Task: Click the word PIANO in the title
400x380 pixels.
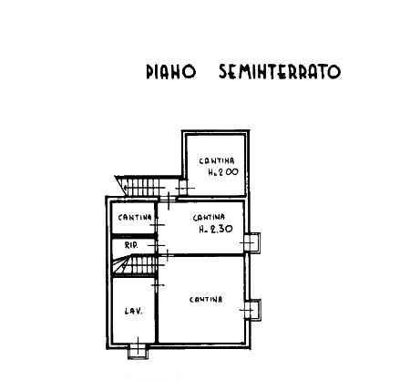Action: [x=171, y=72]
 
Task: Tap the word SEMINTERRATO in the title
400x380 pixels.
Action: [x=280, y=72]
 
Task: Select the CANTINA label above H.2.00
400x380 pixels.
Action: [x=217, y=161]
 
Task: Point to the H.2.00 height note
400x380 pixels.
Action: [x=223, y=172]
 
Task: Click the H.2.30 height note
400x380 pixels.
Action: [x=216, y=229]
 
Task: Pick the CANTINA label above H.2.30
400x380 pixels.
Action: [x=209, y=218]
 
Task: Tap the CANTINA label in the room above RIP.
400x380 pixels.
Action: [x=135, y=218]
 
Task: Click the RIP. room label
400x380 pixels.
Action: [x=131, y=245]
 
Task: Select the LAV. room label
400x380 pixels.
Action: [x=134, y=311]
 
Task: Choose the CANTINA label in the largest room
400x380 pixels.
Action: [x=206, y=300]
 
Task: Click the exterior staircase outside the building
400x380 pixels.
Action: [x=140, y=186]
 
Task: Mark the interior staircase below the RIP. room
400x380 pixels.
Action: [x=135, y=265]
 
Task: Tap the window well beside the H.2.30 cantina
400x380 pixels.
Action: [x=252, y=242]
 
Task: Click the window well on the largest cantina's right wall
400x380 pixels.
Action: [x=253, y=310]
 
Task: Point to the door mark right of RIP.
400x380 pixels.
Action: [x=157, y=245]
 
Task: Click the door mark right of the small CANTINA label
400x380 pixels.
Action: [x=157, y=225]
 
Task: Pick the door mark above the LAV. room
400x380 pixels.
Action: [x=157, y=285]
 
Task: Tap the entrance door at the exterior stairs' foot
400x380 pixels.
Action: [x=168, y=199]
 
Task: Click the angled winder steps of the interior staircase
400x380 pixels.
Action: [x=122, y=265]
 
